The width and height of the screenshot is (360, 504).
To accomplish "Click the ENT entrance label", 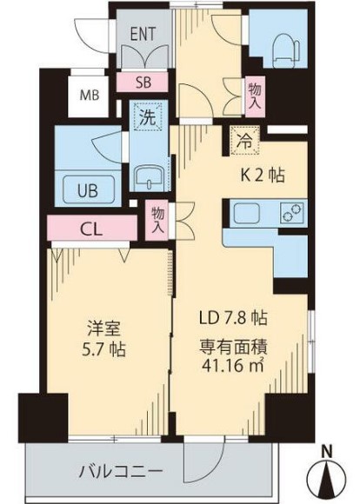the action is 143,34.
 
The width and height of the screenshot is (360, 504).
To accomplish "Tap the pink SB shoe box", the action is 143,82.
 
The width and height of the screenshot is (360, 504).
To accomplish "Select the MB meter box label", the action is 90,95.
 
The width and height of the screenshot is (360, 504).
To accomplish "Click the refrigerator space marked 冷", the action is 245,141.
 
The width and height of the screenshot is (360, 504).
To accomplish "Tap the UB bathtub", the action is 89,191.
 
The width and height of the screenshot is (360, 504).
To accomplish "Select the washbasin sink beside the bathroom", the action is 149,178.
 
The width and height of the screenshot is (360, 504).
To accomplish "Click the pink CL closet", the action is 92,229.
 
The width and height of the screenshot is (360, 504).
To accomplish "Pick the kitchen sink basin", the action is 246,213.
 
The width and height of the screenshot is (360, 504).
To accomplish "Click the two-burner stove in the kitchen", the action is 293,213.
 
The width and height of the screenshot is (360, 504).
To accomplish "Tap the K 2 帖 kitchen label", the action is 263,176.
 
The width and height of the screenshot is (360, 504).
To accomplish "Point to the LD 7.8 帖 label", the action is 233,318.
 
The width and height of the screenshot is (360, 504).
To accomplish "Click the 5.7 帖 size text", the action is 104,349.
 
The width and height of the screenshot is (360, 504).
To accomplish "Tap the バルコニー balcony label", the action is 121,472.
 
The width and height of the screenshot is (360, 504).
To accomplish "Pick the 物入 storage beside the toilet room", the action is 256,97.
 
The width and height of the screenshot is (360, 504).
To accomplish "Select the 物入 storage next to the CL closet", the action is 157,220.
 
